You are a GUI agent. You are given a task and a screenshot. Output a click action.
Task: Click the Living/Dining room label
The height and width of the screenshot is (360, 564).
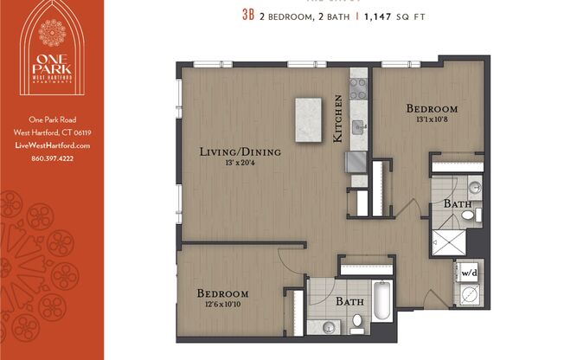(x=241, y=152)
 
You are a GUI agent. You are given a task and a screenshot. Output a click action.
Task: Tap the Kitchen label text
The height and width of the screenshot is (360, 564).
(x=339, y=119)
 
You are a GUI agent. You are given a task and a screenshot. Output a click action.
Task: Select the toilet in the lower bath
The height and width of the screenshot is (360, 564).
(x=357, y=322)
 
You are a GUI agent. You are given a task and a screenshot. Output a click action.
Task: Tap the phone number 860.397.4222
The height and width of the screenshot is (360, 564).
(x=53, y=157)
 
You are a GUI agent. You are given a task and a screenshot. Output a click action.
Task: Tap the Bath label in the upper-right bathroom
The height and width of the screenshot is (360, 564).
(x=458, y=203)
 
